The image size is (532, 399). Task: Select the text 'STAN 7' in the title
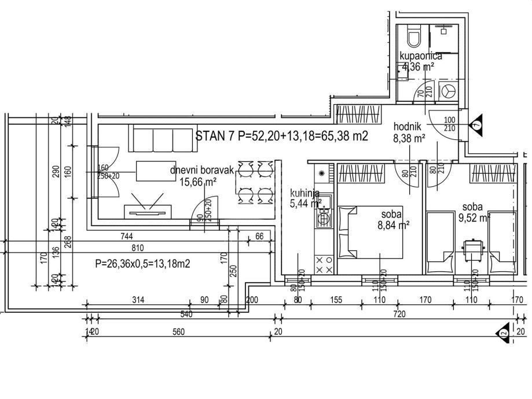click(214, 136)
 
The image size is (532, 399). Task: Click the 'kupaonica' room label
click(421, 56)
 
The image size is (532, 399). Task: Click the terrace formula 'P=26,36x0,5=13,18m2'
click(143, 264)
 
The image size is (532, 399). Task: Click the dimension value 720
click(399, 314)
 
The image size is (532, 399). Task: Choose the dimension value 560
click(178, 332)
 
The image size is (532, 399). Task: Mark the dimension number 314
click(137, 300)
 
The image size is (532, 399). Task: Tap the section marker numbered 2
click(503, 332)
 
